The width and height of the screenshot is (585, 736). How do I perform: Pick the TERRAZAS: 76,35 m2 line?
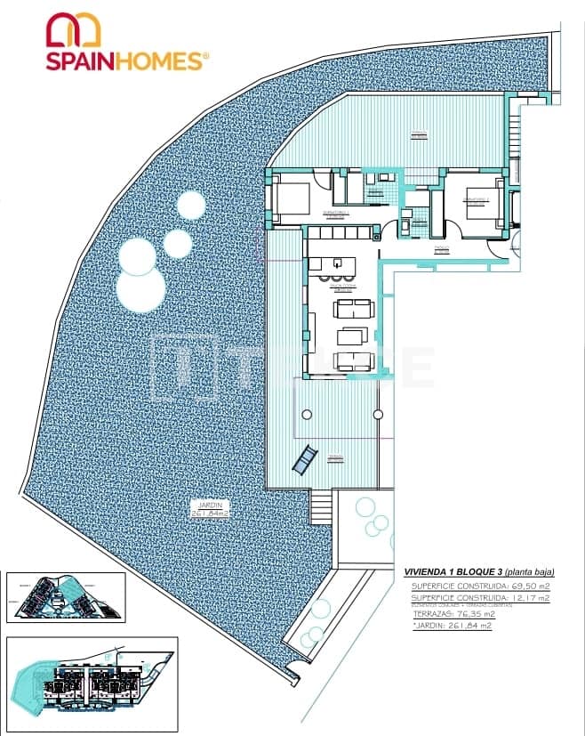click(453, 613)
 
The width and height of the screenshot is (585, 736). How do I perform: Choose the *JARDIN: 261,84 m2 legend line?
click(453, 626)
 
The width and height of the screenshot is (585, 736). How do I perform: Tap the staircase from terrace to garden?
click(321, 508)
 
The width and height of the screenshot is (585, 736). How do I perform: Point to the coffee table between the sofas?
click(353, 336)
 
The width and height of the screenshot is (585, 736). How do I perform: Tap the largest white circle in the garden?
click(141, 290)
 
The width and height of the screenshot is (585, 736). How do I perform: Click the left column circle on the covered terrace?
click(307, 415)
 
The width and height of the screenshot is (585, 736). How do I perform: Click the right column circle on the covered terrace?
click(378, 415)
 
